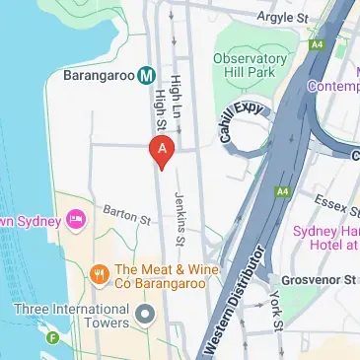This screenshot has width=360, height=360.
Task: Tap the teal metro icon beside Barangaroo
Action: coord(147,74)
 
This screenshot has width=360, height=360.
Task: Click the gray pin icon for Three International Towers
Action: coord(145,316)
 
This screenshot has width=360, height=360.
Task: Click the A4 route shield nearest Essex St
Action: coord(283,190)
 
